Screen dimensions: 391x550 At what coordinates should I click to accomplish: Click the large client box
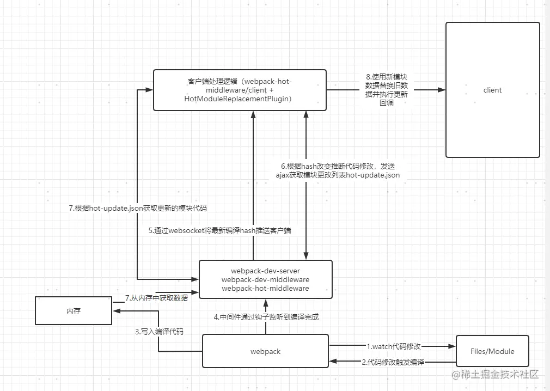(x=492, y=90)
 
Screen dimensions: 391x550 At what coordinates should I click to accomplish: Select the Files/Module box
(x=492, y=351)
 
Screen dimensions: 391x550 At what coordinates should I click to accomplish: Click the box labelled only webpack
(x=265, y=351)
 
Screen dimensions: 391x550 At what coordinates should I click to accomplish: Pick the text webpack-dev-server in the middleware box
(x=265, y=271)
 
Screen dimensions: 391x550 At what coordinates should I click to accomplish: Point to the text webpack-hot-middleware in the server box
(x=265, y=288)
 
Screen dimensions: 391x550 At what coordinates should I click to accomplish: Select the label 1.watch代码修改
(x=393, y=346)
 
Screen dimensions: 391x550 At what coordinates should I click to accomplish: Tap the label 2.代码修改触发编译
(x=393, y=362)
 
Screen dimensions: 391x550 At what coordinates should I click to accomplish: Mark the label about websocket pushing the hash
(x=220, y=230)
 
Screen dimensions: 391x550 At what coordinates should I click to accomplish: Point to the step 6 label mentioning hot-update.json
(x=338, y=170)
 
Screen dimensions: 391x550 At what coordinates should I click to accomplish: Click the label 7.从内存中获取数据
(x=156, y=298)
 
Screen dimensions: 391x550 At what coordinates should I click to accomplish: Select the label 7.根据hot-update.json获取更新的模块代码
(x=137, y=207)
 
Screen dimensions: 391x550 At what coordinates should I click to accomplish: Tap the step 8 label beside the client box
(x=387, y=90)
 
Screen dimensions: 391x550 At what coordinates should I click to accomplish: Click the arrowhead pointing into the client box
(x=442, y=90)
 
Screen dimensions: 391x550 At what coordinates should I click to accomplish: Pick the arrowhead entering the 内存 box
(x=116, y=310)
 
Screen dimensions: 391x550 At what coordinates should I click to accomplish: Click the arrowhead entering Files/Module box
(x=452, y=345)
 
